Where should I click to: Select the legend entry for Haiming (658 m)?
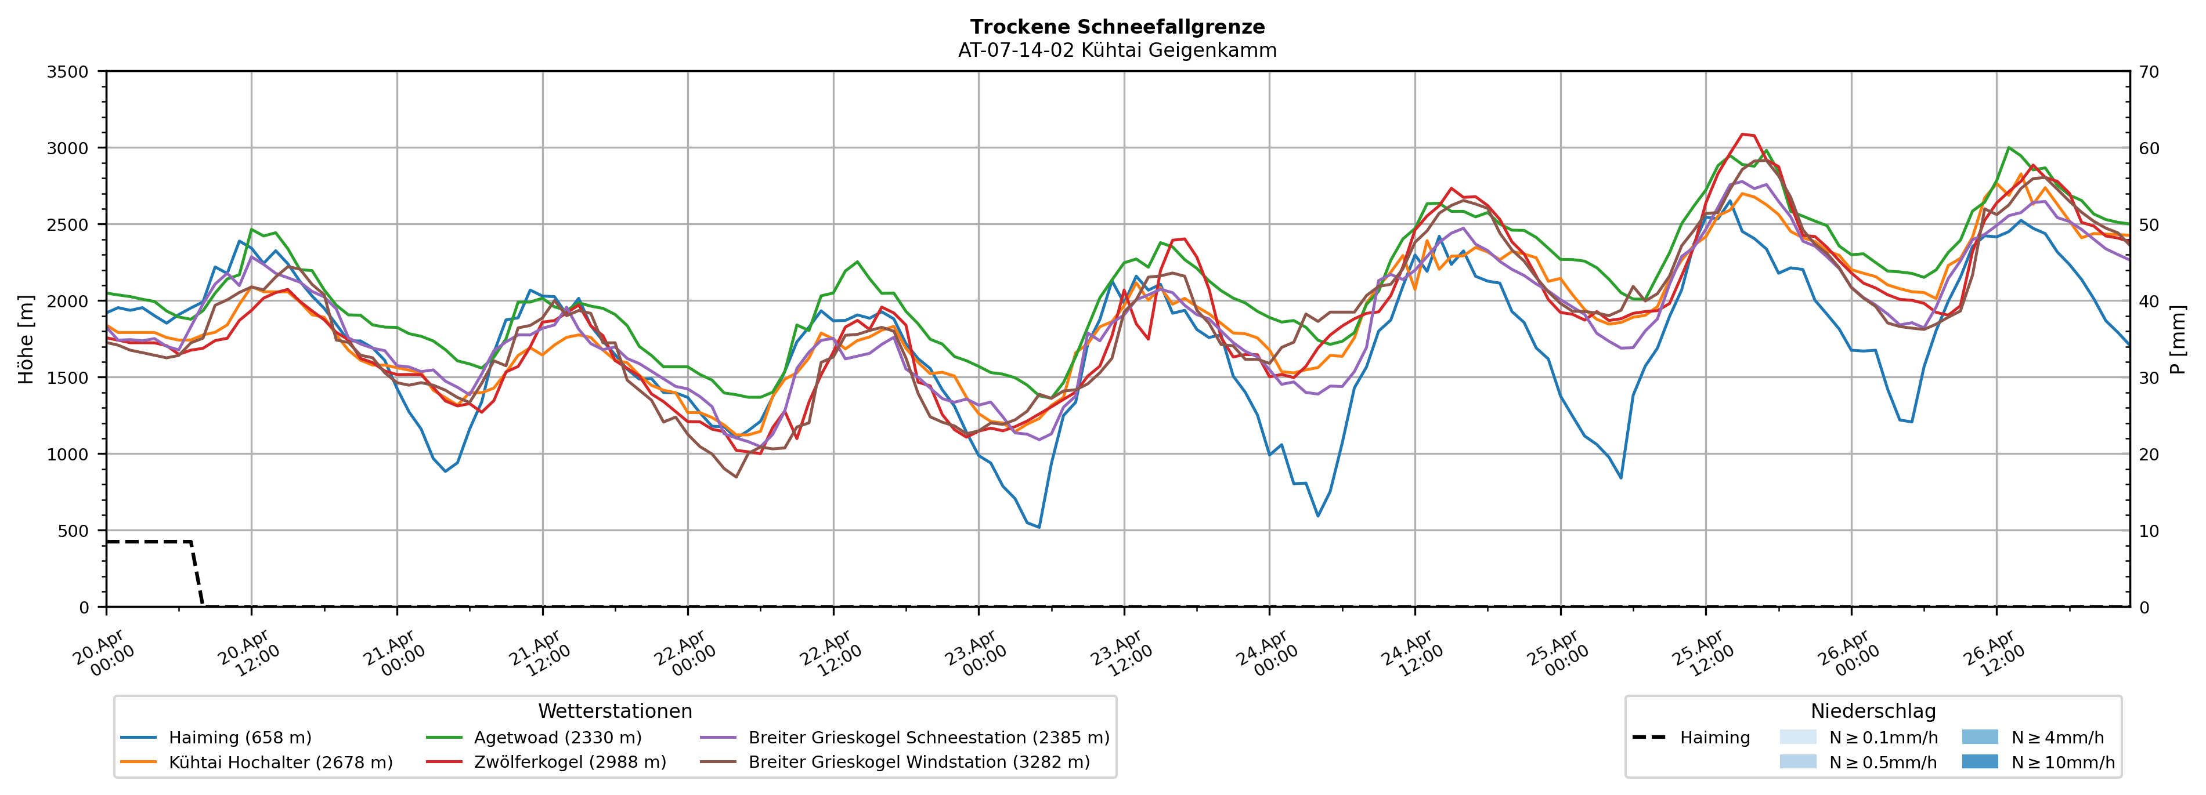click(x=240, y=738)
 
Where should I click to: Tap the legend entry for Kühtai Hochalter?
click(x=280, y=763)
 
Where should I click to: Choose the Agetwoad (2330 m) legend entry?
click(x=557, y=738)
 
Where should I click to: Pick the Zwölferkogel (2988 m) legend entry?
click(x=569, y=763)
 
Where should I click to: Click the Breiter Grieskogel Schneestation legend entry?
click(x=928, y=738)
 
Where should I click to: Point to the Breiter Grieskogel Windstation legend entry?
click(x=919, y=763)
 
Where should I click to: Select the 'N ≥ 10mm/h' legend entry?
click(x=2062, y=763)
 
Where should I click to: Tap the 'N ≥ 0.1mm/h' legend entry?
click(x=1882, y=738)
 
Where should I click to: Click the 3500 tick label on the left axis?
click(x=68, y=72)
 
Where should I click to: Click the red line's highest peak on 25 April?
click(x=1742, y=135)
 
